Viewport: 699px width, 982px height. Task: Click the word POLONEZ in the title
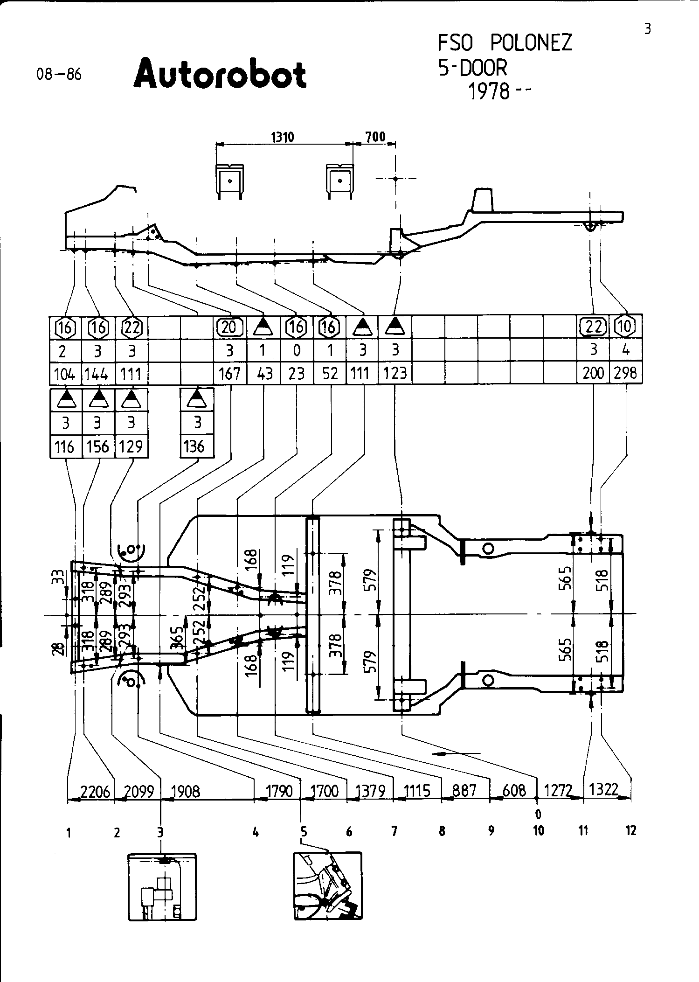click(x=531, y=43)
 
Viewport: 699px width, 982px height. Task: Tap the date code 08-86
click(x=59, y=75)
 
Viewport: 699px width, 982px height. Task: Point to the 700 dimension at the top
click(x=375, y=137)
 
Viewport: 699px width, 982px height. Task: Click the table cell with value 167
click(x=229, y=374)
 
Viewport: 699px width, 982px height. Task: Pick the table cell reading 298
click(x=626, y=374)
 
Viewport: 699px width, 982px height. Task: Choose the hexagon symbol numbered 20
click(x=229, y=327)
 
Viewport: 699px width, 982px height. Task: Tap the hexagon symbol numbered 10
click(x=626, y=327)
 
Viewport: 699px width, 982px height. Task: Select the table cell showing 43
click(x=264, y=374)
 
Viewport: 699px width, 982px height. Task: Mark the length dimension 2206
click(x=95, y=791)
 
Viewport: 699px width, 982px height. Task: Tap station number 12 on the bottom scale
click(x=630, y=830)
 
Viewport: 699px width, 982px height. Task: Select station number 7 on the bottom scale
click(x=394, y=831)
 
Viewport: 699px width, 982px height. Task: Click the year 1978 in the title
click(x=489, y=91)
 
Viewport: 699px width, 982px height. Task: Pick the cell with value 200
click(x=593, y=374)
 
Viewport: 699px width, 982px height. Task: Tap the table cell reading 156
click(x=98, y=446)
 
